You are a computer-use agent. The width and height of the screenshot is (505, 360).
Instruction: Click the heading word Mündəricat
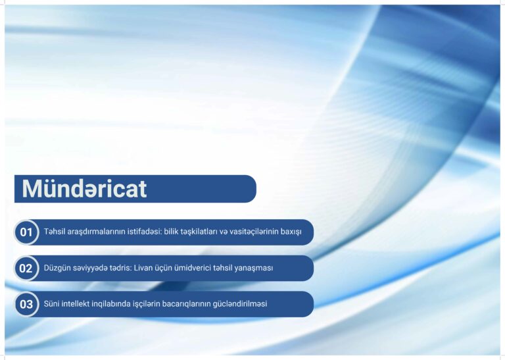[x=84, y=188]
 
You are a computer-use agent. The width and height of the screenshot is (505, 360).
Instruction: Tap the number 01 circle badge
[x=26, y=232]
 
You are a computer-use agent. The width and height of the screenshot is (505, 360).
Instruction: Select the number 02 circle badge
[x=26, y=268]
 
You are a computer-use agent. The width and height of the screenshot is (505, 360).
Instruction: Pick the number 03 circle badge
[x=26, y=304]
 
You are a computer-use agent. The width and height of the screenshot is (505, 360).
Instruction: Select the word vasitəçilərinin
[x=253, y=232]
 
